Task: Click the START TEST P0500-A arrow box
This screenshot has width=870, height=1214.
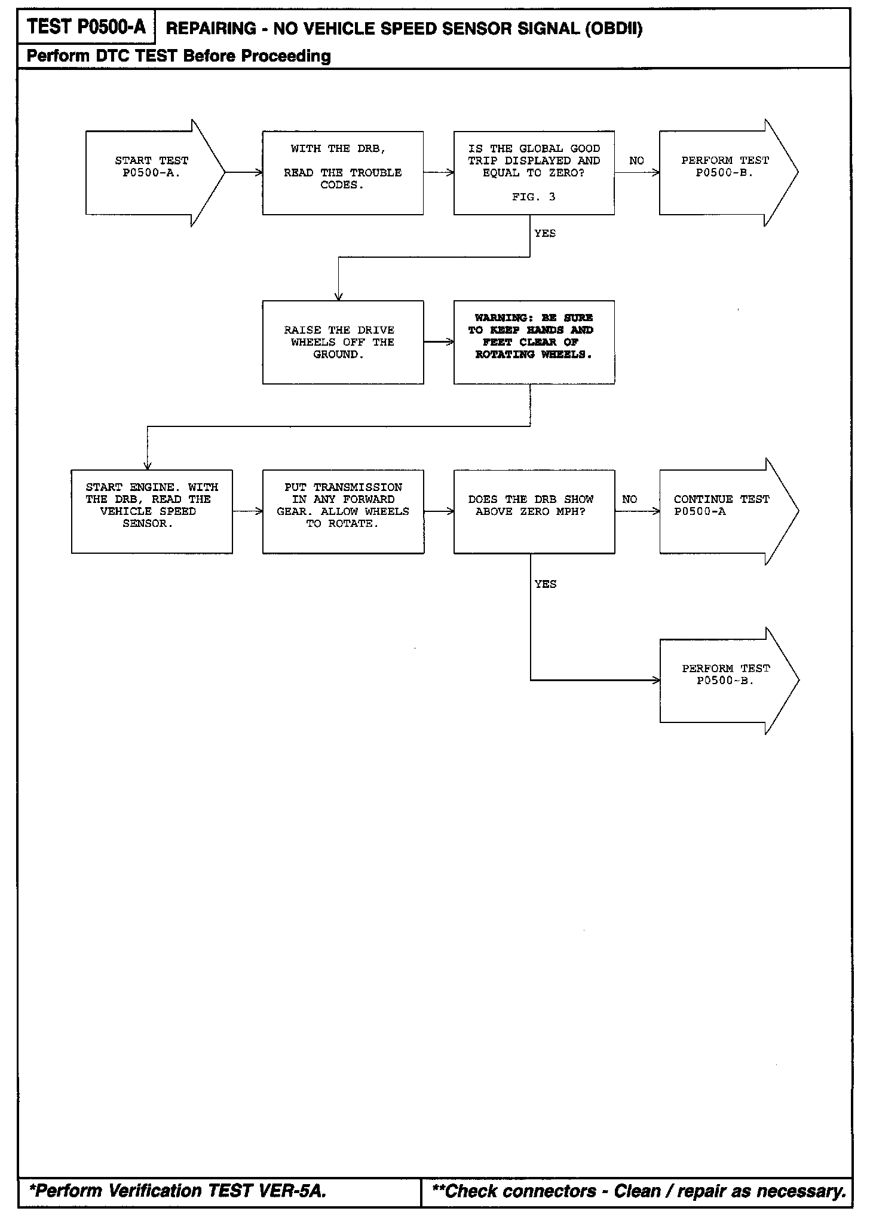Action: coord(152,172)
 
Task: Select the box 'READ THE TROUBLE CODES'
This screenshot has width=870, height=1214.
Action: coord(342,173)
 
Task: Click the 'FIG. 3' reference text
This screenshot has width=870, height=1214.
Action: coord(534,197)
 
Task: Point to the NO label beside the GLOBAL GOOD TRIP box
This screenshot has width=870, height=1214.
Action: coord(636,161)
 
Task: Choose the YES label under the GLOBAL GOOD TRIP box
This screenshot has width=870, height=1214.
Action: coord(545,233)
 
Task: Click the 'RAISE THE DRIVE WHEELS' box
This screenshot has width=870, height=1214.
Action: coord(342,342)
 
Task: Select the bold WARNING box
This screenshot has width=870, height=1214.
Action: coord(534,342)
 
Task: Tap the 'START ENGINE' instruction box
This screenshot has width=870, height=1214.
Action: coord(152,511)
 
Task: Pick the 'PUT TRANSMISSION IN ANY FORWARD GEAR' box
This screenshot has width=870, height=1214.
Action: coord(343,511)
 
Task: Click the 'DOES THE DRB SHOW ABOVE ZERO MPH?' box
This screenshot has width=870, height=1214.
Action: coord(534,511)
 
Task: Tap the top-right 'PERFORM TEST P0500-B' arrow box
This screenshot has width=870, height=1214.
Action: coord(725,172)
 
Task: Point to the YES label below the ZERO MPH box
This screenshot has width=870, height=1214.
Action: coord(546,584)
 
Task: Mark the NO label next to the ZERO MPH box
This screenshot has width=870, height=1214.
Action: coord(629,499)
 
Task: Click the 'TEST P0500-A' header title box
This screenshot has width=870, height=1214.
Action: coord(87,27)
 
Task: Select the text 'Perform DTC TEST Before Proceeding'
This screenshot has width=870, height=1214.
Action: coord(179,56)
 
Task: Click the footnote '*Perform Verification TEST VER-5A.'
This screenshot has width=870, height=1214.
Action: coord(177,1191)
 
